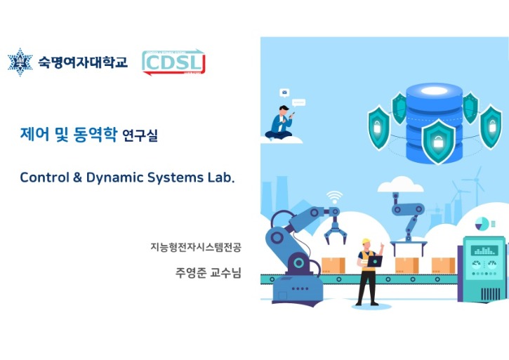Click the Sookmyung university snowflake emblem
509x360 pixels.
[20, 62]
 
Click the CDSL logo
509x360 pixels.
[173, 62]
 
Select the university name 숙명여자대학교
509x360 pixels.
[83, 62]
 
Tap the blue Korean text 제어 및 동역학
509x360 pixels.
[69, 135]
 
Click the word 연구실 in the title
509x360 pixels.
[140, 136]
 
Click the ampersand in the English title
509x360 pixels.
[77, 178]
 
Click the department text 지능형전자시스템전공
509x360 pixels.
[195, 247]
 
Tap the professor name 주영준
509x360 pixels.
[190, 272]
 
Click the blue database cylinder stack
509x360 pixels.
[435, 105]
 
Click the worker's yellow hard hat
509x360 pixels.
[365, 243]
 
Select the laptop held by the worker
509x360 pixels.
[376, 261]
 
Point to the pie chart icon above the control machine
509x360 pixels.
[482, 224]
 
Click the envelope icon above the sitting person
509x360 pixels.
[284, 92]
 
